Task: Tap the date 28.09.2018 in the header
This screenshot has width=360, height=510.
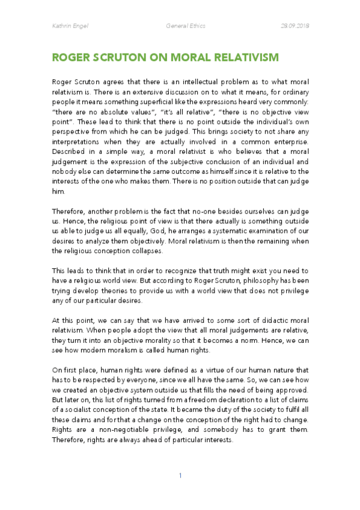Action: click(295, 26)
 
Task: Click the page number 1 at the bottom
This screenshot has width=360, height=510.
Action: click(180, 476)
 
